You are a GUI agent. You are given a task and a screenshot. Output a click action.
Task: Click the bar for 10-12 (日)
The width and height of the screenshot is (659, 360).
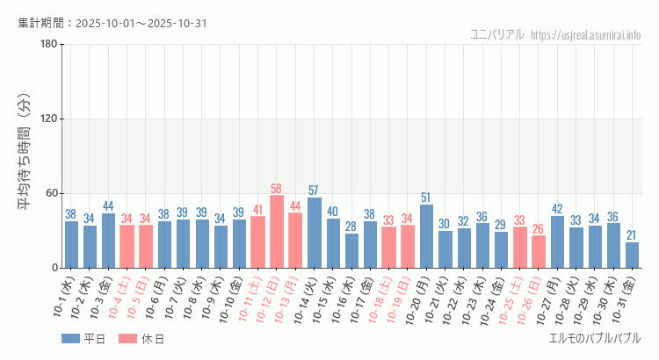277,232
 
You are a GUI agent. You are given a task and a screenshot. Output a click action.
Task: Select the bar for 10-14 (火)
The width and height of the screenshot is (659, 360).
315,233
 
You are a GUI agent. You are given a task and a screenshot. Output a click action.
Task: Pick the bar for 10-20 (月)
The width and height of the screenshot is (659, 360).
426,236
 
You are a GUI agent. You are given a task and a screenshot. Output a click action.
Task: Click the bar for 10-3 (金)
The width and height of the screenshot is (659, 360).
109,241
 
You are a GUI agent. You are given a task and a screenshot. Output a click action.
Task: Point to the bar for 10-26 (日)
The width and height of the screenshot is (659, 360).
539,251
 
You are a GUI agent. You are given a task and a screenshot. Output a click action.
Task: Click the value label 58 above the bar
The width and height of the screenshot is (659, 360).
277,189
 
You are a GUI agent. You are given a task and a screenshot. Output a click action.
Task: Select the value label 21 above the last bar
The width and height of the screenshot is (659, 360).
632,235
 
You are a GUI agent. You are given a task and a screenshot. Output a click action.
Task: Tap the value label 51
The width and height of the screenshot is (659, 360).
426,198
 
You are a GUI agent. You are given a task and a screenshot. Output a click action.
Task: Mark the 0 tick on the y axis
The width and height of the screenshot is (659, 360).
54,268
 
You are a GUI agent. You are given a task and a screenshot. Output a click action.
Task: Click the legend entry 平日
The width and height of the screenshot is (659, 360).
83,339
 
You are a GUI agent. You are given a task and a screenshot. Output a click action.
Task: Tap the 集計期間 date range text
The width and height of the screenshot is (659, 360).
112,24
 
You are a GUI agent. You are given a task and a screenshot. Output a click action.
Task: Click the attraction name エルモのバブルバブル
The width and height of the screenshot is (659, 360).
594,339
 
